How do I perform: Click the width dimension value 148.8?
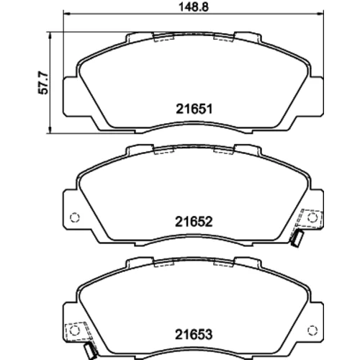click(x=194, y=7)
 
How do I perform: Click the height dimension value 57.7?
click(x=44, y=83)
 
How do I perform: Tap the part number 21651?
click(x=194, y=109)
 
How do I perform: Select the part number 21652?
click(x=194, y=222)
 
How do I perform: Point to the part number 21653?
click(x=194, y=334)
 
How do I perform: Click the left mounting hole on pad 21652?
click(x=74, y=217)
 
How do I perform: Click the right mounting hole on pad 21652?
click(x=312, y=217)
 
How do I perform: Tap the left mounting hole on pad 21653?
click(x=74, y=330)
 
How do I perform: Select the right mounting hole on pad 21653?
click(x=312, y=330)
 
